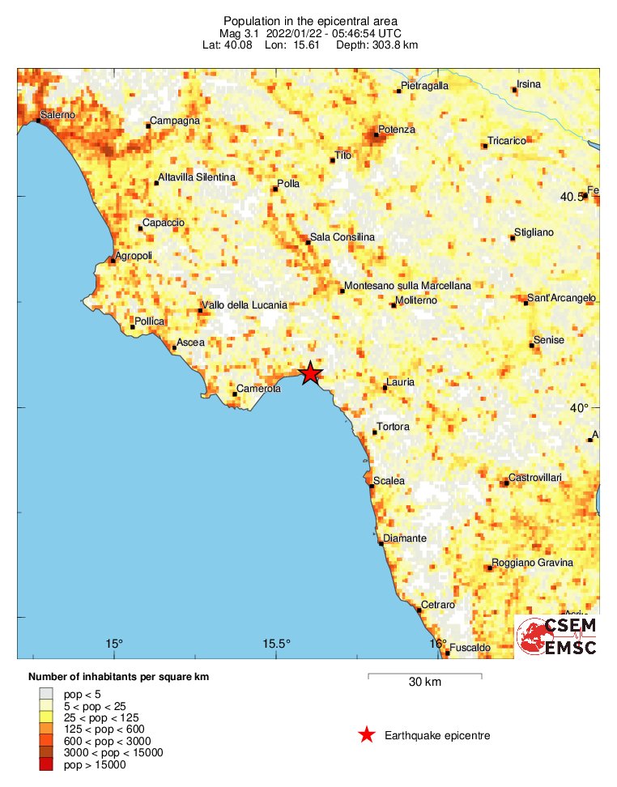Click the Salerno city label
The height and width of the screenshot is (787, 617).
58,115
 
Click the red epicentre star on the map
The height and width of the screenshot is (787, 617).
310,373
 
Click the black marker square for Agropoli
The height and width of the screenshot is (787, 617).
113,260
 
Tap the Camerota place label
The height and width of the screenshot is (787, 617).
258,389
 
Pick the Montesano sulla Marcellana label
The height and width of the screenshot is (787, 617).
407,286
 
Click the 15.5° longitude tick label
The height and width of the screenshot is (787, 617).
276,644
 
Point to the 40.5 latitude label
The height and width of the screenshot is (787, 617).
572,197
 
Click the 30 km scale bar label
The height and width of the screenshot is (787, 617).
424,683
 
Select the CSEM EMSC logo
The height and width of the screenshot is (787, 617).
557,636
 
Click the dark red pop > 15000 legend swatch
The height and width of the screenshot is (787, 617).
46,764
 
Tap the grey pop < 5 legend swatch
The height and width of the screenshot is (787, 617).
46,694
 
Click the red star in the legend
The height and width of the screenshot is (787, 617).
367,734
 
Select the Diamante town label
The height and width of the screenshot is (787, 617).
405,538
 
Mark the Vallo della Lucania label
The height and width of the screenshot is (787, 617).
244,305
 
